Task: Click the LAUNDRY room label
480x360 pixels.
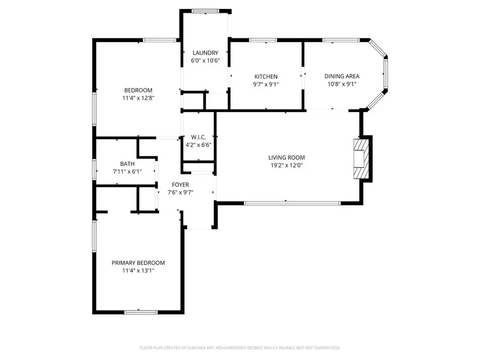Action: coord(205,53)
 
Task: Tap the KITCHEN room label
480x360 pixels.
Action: coord(266,77)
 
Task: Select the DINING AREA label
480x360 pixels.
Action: coord(341,77)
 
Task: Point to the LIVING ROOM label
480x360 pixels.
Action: coord(286,157)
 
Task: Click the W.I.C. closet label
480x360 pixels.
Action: coord(199,137)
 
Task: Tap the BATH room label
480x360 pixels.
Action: coord(127,164)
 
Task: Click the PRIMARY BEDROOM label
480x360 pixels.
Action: coord(138,263)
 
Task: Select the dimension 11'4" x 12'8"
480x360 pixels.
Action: coord(139,98)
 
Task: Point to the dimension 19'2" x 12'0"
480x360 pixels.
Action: coord(286,165)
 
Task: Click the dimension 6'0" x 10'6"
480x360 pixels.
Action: coord(205,60)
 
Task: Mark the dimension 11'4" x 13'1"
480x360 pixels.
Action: coord(138,270)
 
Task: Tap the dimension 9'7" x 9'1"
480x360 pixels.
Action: coord(266,84)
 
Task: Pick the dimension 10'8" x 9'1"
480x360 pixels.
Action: coord(341,84)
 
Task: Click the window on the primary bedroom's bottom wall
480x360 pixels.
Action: coord(140,311)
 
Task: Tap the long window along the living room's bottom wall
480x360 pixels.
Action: coord(292,203)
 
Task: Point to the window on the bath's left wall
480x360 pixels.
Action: coord(94,170)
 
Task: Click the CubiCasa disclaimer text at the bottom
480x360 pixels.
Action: coord(240,348)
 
